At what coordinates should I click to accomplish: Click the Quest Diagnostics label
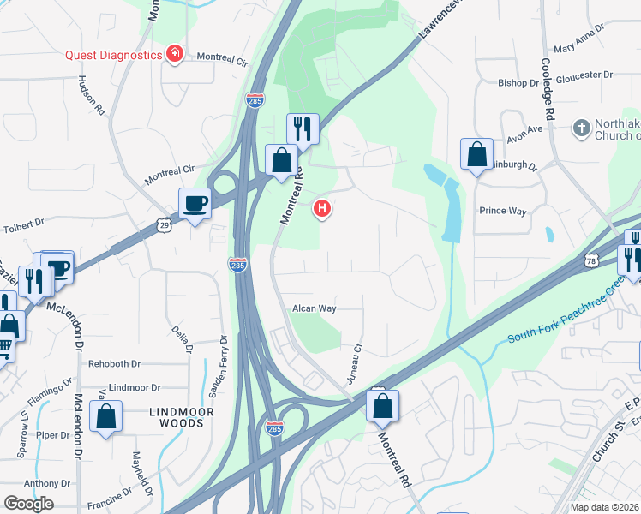click(x=114, y=55)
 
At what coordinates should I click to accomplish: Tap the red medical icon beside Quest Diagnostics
click(x=175, y=55)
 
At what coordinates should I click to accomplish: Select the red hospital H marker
click(x=323, y=207)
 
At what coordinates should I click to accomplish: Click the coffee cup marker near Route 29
click(x=195, y=204)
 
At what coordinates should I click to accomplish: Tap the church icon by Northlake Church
click(x=581, y=128)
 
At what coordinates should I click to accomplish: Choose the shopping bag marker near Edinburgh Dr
click(x=477, y=154)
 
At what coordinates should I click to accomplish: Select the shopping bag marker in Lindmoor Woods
click(x=105, y=417)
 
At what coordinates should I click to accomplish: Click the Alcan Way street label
click(x=315, y=308)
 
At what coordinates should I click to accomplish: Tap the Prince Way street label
click(x=502, y=210)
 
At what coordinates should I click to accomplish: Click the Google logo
click(x=28, y=504)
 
